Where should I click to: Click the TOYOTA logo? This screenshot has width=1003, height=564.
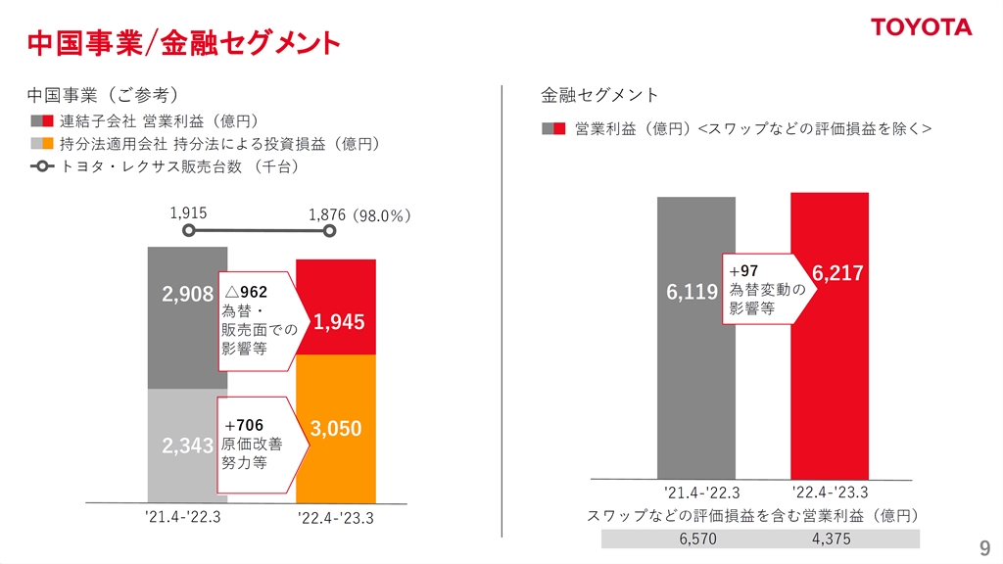click(x=922, y=26)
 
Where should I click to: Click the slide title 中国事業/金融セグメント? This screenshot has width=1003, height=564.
click(x=183, y=42)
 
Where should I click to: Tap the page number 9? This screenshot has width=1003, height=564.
click(x=984, y=546)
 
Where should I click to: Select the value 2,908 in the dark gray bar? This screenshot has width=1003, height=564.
click(x=187, y=294)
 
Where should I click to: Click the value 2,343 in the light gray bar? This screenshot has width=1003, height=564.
click(x=187, y=446)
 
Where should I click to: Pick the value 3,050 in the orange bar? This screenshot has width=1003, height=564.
click(x=336, y=428)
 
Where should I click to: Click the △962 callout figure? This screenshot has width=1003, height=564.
click(x=246, y=292)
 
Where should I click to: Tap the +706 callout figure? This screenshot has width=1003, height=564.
click(x=244, y=425)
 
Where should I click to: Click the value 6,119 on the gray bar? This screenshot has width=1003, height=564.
click(x=693, y=292)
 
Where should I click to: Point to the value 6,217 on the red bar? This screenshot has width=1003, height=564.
click(x=837, y=273)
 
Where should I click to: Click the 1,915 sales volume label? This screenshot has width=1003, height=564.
click(x=188, y=212)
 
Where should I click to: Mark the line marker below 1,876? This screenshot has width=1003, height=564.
click(x=330, y=232)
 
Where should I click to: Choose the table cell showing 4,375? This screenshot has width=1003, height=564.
click(x=831, y=540)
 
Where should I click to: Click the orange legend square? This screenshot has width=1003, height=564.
click(x=47, y=144)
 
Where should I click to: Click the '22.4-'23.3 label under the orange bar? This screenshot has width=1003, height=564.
click(x=336, y=518)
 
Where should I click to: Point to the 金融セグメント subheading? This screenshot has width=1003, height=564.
click(x=599, y=95)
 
